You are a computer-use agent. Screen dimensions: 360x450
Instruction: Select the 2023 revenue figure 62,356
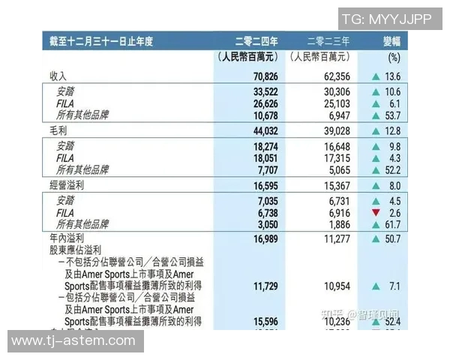click(332, 76)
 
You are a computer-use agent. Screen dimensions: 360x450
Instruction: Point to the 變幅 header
click(394, 42)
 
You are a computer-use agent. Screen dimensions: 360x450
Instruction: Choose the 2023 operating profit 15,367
click(332, 184)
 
